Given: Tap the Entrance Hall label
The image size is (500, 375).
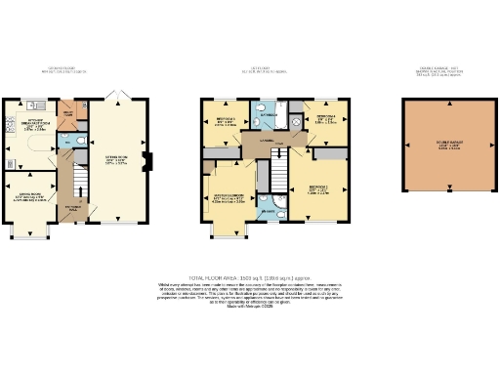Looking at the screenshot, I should pos(73,208).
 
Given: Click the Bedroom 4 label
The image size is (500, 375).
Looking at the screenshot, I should pos(325,120).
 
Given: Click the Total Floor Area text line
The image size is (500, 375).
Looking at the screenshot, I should pos(249,276).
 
